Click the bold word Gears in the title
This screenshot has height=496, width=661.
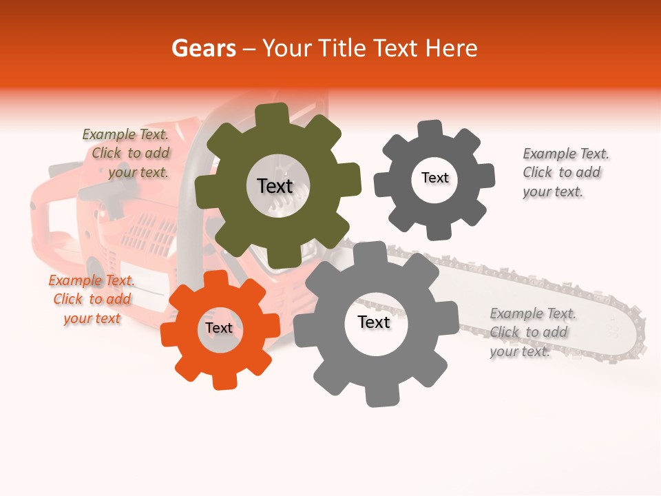tap(203, 48)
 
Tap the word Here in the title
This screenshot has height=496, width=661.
tap(451, 48)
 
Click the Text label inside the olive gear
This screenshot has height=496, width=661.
tap(275, 186)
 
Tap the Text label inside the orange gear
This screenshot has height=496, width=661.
tap(219, 329)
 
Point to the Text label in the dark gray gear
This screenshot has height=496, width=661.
tap(434, 178)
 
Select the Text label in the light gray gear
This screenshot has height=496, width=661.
tap(374, 322)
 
